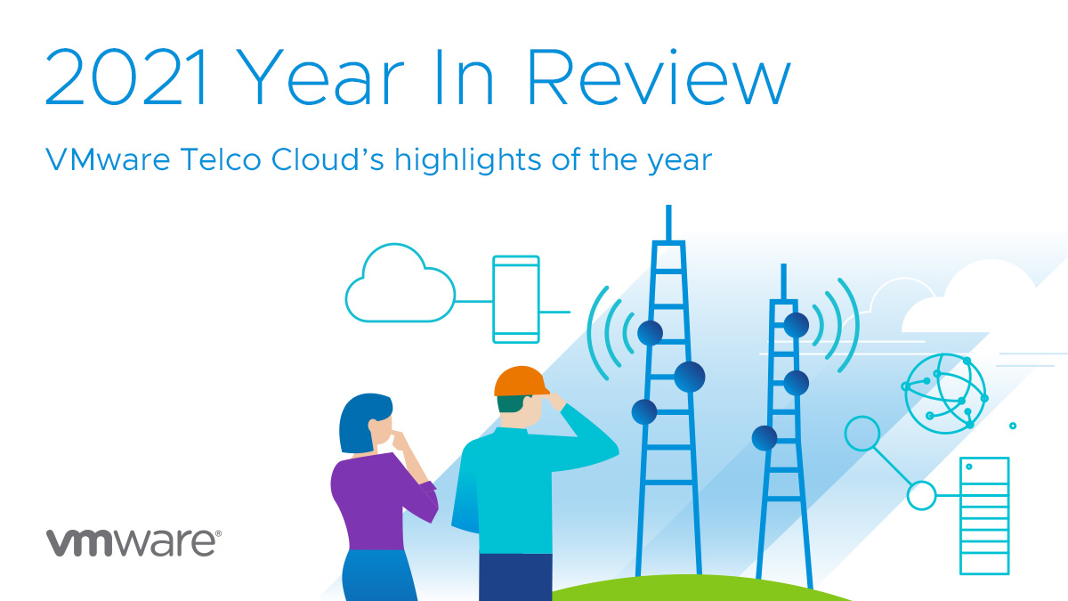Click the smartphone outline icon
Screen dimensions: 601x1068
point(516,299)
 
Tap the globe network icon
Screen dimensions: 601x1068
point(944,392)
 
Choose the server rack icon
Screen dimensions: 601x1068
point(983,516)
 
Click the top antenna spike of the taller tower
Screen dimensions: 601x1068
point(667,223)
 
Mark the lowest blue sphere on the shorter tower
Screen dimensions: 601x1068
point(765,438)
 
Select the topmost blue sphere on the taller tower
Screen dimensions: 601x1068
point(650,333)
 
